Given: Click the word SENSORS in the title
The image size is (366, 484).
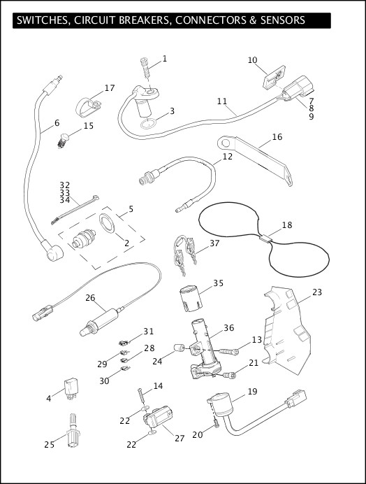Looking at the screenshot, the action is [x=283, y=20].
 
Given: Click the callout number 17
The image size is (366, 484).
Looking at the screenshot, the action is [x=110, y=88].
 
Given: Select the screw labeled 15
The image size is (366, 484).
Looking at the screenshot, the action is [x=63, y=140].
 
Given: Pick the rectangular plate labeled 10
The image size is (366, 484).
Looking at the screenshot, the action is [x=274, y=77].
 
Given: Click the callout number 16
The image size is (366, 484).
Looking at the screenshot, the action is [x=277, y=137].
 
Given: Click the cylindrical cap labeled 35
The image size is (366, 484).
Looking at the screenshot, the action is [x=191, y=299].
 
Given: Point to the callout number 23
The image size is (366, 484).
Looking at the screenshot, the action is [x=317, y=292].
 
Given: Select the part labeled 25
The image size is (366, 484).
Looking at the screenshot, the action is [x=73, y=430].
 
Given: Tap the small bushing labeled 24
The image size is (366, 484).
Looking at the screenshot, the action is [x=179, y=348].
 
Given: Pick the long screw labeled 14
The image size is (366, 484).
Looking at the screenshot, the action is [x=141, y=395].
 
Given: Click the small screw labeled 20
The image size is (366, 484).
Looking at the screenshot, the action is [x=217, y=422].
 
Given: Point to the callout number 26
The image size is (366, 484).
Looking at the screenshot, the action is [x=90, y=297].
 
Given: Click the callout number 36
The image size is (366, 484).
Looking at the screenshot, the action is [x=229, y=327].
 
